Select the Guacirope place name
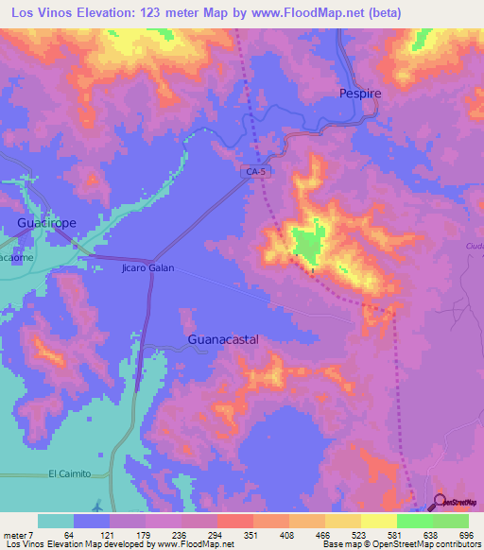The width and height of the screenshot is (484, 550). [47, 222]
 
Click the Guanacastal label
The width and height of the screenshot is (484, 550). [223, 337]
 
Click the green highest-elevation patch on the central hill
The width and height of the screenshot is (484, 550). [306, 243]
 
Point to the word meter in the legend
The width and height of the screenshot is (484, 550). [16, 534]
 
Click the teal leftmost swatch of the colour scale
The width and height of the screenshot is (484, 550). [56, 521]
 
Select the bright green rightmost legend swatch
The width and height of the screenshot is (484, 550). [451, 521]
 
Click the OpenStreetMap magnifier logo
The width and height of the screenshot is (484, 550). [439, 503]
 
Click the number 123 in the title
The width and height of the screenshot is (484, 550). [149, 13]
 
